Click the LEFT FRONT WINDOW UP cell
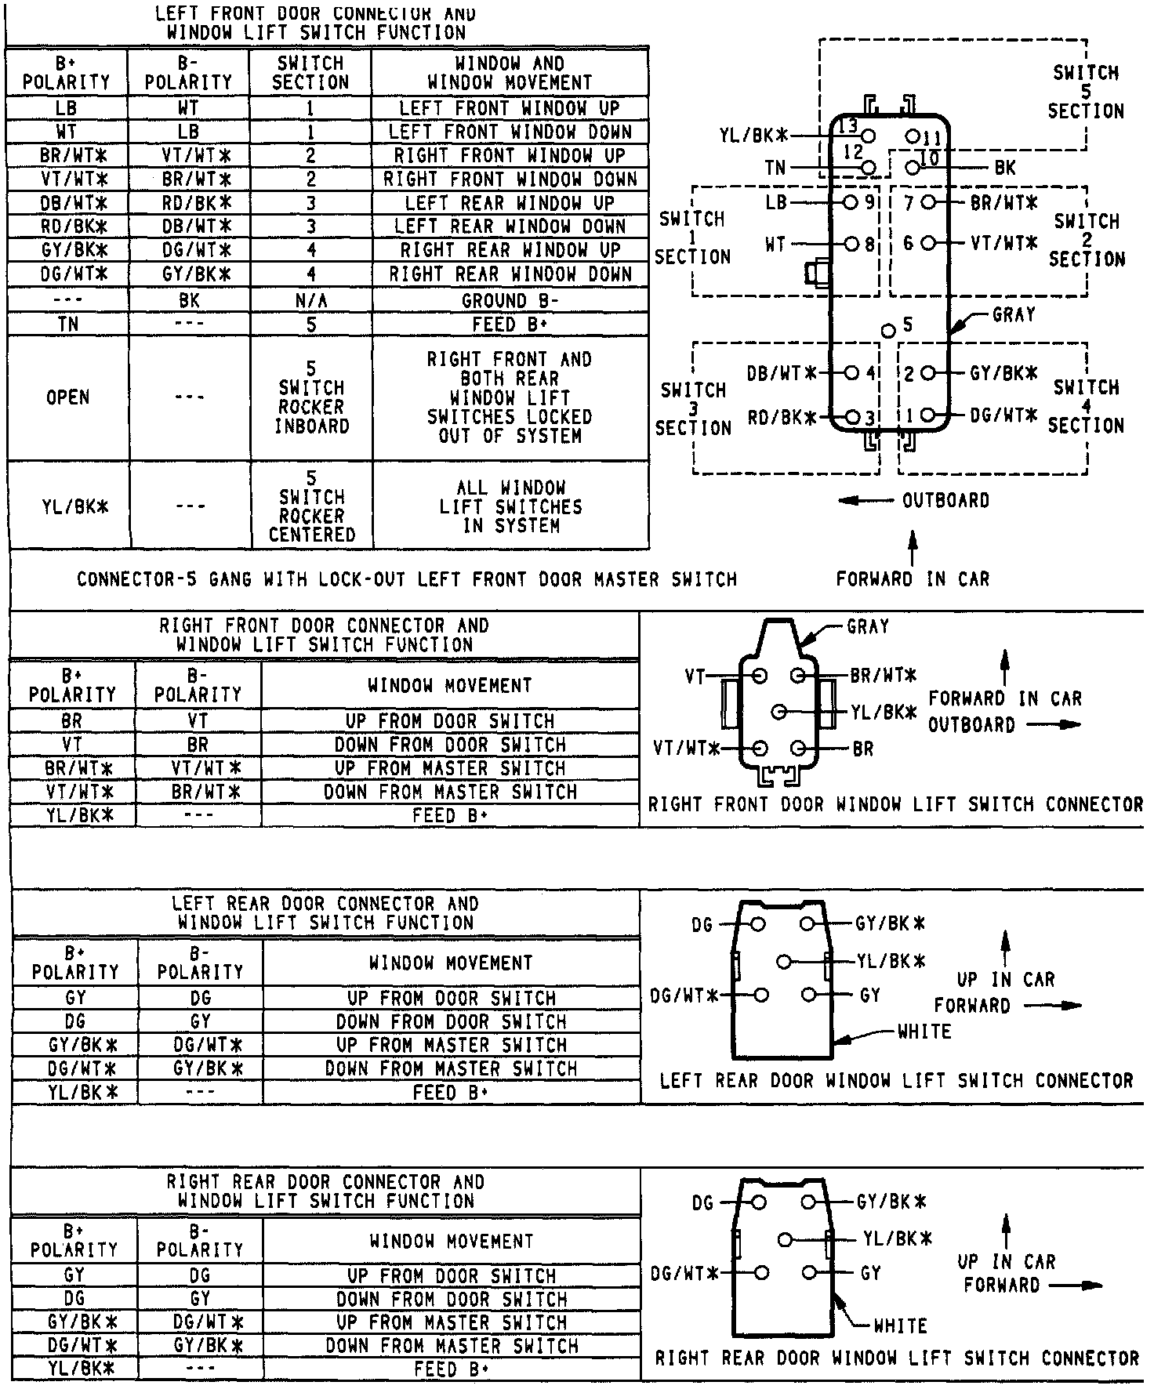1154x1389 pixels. coord(510,108)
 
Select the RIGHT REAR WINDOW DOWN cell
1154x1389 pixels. coord(510,274)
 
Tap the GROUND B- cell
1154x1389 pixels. coord(510,301)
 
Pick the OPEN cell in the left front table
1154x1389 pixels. coord(67,397)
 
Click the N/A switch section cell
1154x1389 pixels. coord(311,301)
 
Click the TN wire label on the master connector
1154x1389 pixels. coord(775,168)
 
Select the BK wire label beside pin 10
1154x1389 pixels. coord(1005,168)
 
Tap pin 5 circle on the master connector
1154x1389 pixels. coord(888,330)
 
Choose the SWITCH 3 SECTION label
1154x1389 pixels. coord(693,408)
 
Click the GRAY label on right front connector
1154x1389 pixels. coord(868,626)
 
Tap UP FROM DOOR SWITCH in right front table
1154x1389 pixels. coord(450,721)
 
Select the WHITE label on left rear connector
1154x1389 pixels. coord(924,1032)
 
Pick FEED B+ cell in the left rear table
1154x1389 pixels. coord(451,1093)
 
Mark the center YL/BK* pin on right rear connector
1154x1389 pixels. coord(786,1239)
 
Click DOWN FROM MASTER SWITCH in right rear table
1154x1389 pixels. coord(452,1346)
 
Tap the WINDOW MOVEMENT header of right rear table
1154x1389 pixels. coord(452,1242)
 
